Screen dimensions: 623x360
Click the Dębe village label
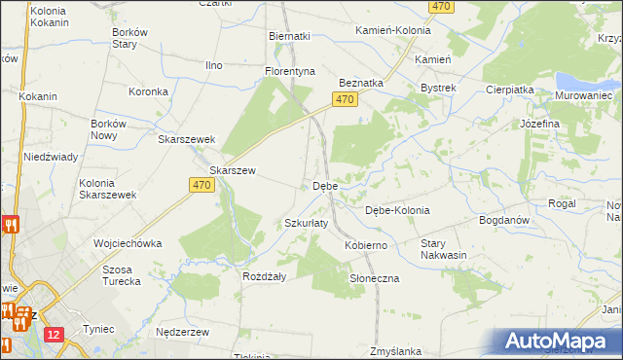tap(324, 185)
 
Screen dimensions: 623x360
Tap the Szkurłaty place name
tap(306, 223)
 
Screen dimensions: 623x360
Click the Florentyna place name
tap(291, 71)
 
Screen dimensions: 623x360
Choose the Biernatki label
tap(289, 36)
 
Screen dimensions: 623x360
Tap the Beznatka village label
tap(361, 84)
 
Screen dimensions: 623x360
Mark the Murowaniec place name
tap(583, 96)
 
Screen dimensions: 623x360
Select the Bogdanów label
tap(504, 220)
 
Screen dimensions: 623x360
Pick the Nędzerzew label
tap(183, 332)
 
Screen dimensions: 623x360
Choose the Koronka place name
tap(150, 91)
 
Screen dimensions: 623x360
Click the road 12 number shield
tap(53, 335)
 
